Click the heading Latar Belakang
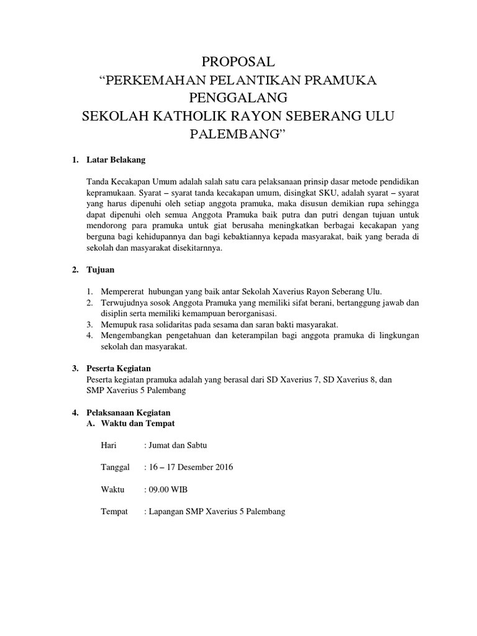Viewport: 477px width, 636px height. (116, 160)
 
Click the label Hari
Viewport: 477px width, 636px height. (108, 445)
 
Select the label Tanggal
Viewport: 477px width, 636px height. (115, 468)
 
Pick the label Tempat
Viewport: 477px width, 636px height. (114, 512)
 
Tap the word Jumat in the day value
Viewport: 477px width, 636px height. (160, 445)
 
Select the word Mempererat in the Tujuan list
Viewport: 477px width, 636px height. (119, 292)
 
